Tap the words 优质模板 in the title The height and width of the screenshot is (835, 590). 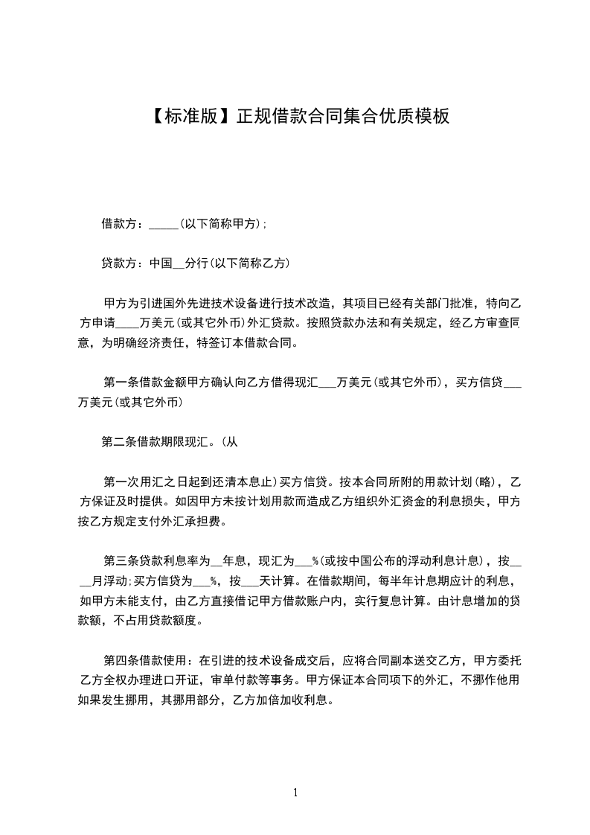tap(414, 116)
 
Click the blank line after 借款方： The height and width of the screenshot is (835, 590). tap(164, 225)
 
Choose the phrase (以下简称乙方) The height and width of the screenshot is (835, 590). tap(249, 263)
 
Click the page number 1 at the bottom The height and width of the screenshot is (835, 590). tap(295, 793)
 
